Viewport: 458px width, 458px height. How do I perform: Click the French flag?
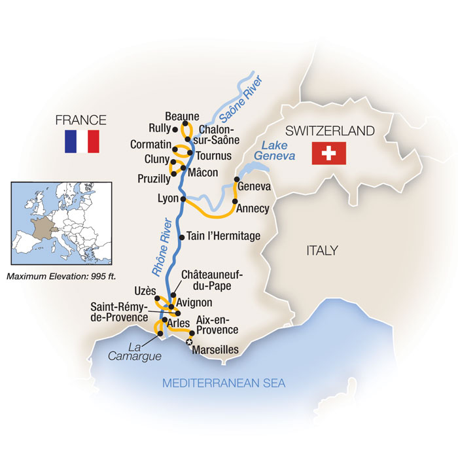pyautogui.click(x=81, y=141)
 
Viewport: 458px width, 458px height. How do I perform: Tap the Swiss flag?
pyautogui.click(x=329, y=154)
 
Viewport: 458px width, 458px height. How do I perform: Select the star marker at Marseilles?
pyautogui.click(x=190, y=342)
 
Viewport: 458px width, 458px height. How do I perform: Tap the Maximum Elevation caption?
pyautogui.click(x=62, y=276)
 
